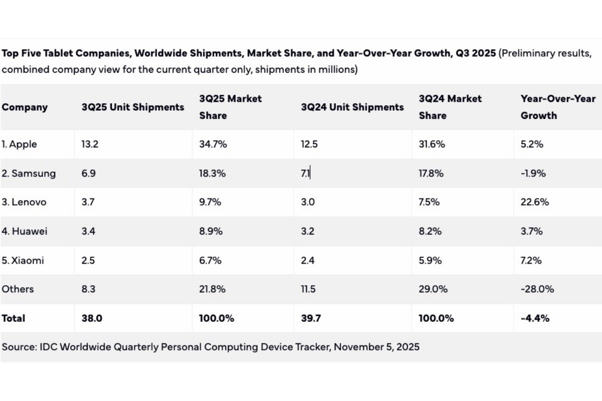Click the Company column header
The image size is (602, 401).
click(x=25, y=107)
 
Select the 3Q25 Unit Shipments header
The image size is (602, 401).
click(x=132, y=107)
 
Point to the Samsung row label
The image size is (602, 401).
click(x=28, y=173)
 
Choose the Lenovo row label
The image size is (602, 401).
click(x=24, y=203)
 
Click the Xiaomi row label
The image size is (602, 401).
click(x=23, y=261)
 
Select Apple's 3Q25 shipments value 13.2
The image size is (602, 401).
click(x=90, y=144)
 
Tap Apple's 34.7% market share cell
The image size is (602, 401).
click(x=213, y=144)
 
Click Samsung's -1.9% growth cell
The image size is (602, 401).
click(x=533, y=173)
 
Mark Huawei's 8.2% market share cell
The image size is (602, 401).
click(x=429, y=232)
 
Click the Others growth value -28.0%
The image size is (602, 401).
click(x=537, y=289)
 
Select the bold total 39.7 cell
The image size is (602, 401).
click(x=310, y=318)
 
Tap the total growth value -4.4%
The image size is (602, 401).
click(x=535, y=318)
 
